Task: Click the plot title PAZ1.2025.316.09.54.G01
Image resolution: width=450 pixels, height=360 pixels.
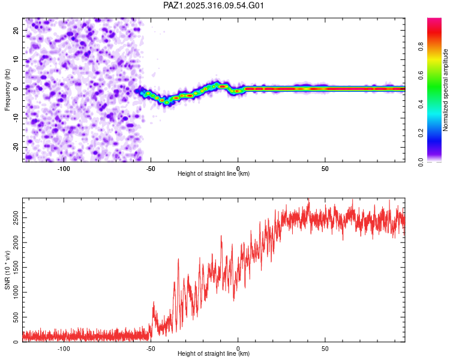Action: tap(214, 5)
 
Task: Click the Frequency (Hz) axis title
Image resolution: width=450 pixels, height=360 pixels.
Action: tap(8, 89)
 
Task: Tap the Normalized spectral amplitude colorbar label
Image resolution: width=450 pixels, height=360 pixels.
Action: tap(446, 89)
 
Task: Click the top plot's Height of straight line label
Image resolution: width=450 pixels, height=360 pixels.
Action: tap(214, 173)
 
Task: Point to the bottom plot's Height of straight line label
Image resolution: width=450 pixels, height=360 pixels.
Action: tap(214, 354)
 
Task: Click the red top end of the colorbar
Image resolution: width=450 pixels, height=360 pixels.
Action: tap(434, 21)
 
